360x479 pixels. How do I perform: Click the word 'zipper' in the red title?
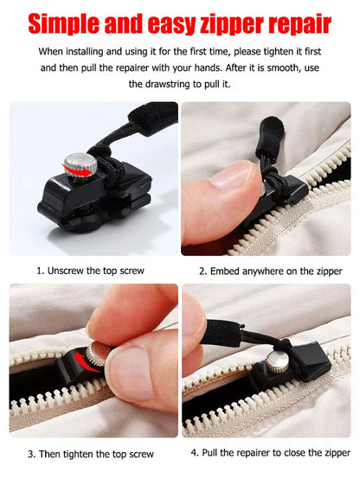232,25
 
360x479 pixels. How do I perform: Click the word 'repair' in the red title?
299,25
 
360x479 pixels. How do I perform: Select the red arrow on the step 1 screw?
77,171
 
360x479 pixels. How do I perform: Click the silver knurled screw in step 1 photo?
80,166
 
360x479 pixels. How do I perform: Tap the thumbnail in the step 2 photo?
232,175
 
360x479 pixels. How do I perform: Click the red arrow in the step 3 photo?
87,362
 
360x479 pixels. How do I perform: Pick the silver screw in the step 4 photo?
277,361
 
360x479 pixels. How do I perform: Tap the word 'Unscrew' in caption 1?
66,271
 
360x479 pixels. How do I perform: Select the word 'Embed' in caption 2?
224,271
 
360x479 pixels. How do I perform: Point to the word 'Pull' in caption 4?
209,452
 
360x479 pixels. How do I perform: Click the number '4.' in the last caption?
195,453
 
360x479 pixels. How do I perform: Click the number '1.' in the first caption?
41,271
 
